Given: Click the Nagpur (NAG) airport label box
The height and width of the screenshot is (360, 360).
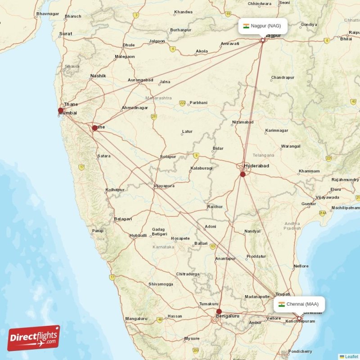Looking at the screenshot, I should (x=262, y=26).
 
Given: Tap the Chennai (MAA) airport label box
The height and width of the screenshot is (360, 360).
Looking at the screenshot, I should (x=299, y=304).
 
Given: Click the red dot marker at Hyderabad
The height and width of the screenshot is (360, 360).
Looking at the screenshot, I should (x=243, y=174).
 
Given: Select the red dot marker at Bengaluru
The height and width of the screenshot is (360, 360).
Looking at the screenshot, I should (x=219, y=311).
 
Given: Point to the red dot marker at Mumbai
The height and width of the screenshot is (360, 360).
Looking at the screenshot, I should (x=61, y=110).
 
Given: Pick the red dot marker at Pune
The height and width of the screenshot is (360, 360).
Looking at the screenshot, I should (x=94, y=128).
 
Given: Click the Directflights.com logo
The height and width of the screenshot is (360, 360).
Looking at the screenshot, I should (x=34, y=338).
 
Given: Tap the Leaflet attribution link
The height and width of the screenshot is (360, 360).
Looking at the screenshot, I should (x=351, y=356).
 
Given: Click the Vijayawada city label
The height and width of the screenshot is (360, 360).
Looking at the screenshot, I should (x=327, y=197).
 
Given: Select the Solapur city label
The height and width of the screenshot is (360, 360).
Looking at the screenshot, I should (x=167, y=157).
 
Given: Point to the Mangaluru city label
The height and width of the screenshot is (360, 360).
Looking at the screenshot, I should (x=136, y=319).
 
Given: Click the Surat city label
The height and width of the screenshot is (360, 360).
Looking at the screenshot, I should (x=66, y=34).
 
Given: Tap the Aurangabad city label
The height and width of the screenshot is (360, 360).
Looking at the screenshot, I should (x=140, y=80).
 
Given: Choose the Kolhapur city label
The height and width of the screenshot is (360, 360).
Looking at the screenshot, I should (x=115, y=189).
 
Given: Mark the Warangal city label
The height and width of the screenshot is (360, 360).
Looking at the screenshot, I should (x=290, y=146).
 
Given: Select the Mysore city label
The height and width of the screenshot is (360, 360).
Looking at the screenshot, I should (x=192, y=338).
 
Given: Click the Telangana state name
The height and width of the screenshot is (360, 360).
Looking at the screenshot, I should (x=263, y=155).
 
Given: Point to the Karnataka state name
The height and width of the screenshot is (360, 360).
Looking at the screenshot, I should (x=162, y=247).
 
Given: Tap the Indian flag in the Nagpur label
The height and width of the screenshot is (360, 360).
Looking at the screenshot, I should (x=246, y=26).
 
